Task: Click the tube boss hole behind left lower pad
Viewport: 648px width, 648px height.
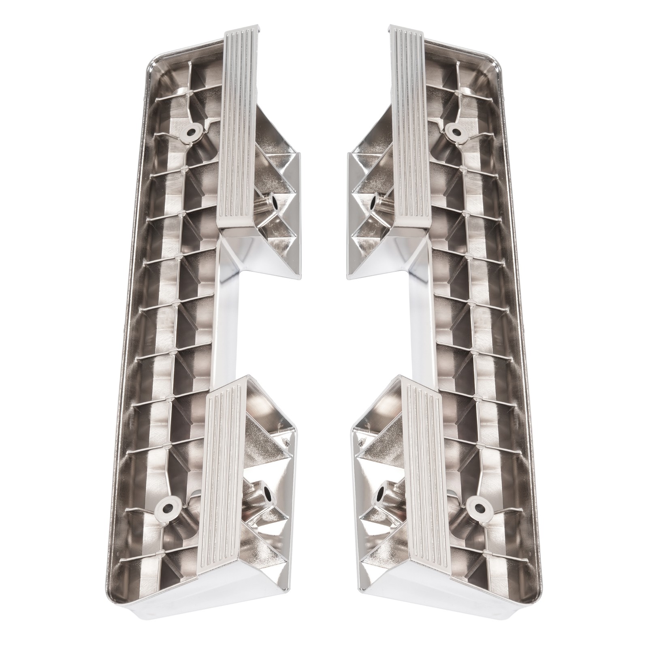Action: click(x=268, y=494)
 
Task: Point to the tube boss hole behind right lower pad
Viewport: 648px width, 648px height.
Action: click(x=381, y=494)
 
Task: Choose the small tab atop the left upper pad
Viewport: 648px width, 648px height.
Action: click(x=252, y=28)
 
